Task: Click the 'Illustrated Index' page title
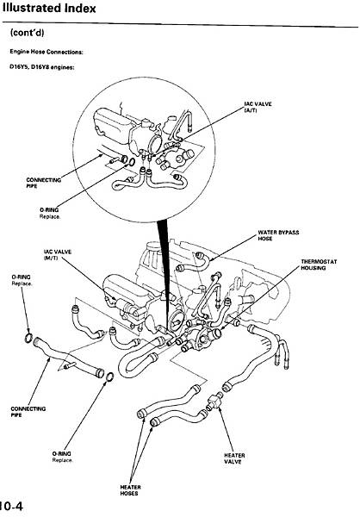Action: [49, 9]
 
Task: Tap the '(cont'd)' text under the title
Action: [27, 33]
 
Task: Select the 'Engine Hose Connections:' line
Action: [47, 52]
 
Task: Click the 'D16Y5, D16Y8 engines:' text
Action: [42, 67]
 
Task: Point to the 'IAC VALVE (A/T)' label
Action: [258, 107]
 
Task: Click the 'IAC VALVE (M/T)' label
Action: [58, 254]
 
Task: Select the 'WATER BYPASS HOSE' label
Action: [278, 235]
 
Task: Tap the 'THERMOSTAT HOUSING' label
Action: [319, 265]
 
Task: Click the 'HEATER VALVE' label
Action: [234, 458]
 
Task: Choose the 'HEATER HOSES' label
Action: [130, 490]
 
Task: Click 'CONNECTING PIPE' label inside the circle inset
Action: [44, 183]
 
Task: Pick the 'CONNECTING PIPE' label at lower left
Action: [28, 412]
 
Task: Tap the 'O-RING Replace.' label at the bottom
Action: [62, 457]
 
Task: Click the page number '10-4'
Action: [11, 506]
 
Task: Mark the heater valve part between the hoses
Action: [214, 401]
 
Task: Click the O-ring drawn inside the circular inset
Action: [131, 162]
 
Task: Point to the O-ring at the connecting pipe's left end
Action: [28, 338]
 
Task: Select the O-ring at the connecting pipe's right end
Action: [110, 377]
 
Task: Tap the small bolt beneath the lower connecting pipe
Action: [70, 365]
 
